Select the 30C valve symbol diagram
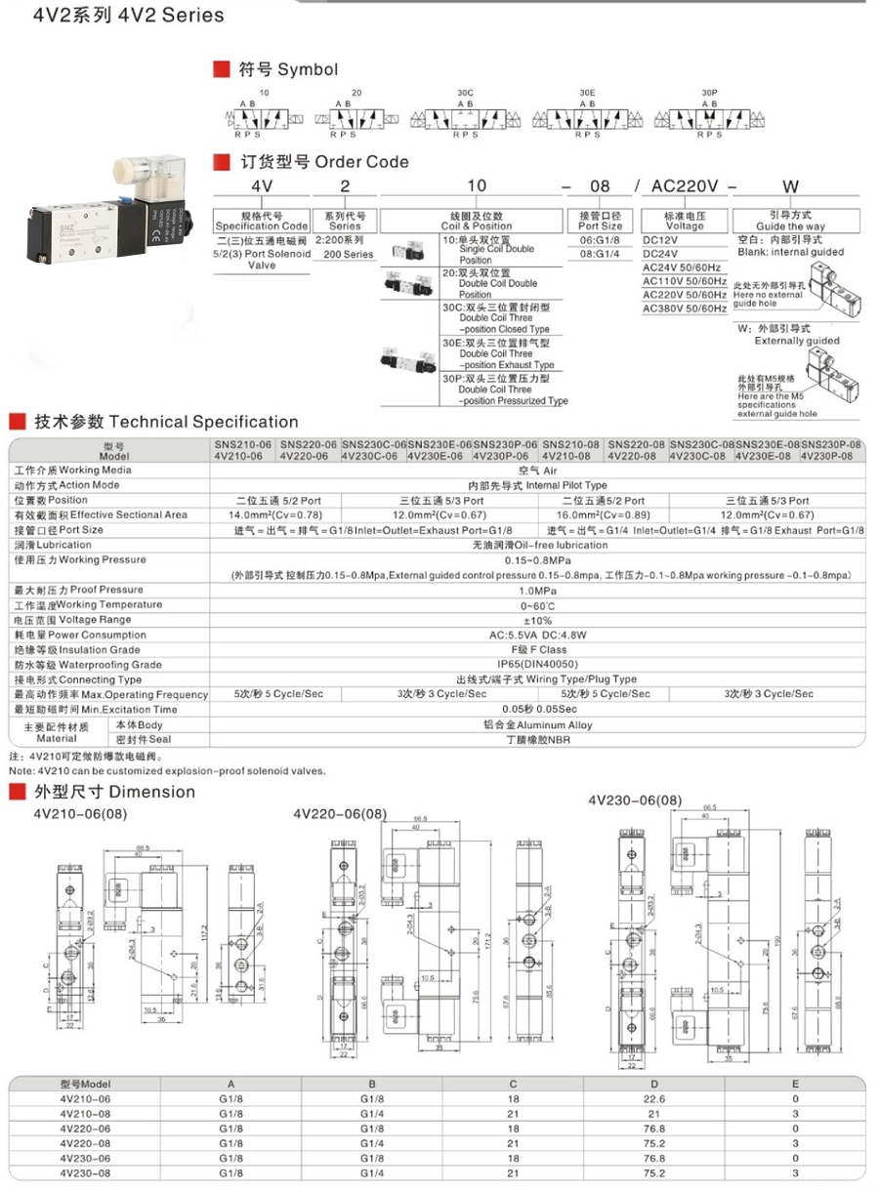click(x=465, y=118)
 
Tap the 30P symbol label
click(x=710, y=91)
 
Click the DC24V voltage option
click(x=660, y=252)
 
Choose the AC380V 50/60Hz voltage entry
click(x=685, y=308)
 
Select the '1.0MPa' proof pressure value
click(x=538, y=590)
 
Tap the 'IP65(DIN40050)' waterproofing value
click(x=538, y=664)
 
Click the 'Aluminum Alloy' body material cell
click(x=538, y=724)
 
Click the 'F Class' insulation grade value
click(x=538, y=649)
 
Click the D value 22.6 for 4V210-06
click(x=654, y=1098)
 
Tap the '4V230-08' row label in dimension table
click(x=85, y=1172)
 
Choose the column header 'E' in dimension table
click(x=796, y=1083)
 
